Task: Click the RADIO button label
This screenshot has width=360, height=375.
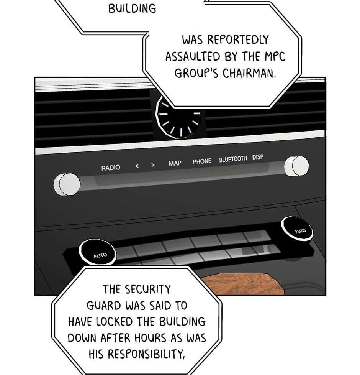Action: [111, 168]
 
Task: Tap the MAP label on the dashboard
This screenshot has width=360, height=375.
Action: [175, 163]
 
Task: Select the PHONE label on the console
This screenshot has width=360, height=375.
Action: [202, 161]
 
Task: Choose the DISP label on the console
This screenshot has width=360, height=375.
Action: [258, 157]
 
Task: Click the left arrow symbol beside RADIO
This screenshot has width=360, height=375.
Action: [137, 166]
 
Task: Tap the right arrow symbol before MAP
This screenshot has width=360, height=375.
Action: [153, 165]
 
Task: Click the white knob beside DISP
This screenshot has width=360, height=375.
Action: [296, 166]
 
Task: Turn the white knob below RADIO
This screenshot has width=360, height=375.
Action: [67, 184]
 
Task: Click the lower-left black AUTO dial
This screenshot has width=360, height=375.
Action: [97, 252]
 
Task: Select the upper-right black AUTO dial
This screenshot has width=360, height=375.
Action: [297, 229]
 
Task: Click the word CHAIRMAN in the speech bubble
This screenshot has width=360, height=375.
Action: [249, 73]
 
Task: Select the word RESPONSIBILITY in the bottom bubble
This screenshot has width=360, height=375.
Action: [146, 354]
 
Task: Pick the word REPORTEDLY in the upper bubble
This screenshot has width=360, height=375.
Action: [238, 40]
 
